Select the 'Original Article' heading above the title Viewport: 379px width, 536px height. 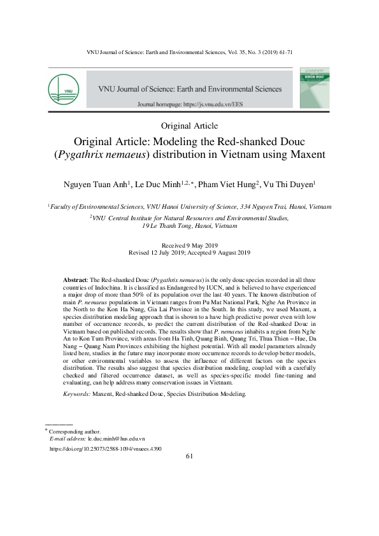(190, 125)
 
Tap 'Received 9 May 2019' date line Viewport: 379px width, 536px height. (190, 245)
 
